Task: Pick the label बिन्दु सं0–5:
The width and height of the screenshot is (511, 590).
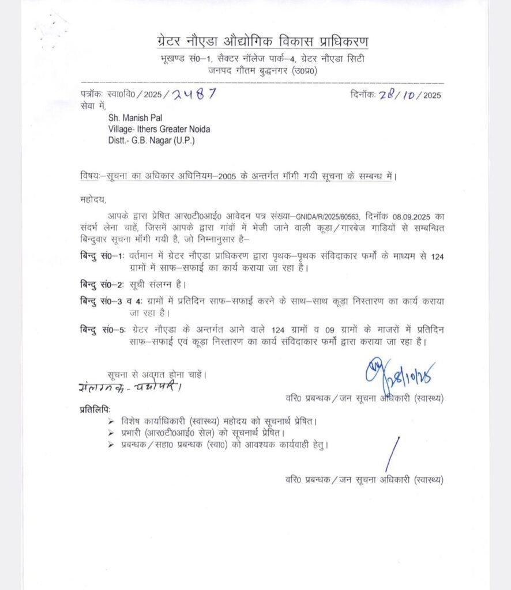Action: pyautogui.click(x=101, y=331)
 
